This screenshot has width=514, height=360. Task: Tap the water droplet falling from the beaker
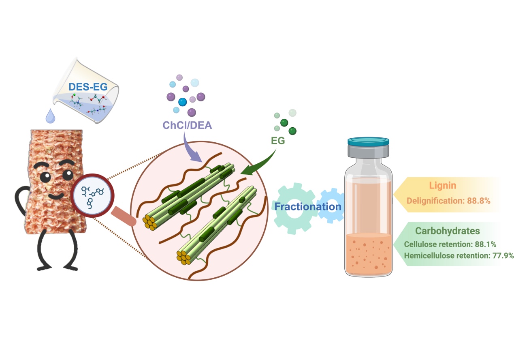point(50,116)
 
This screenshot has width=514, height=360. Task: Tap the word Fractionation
point(308,207)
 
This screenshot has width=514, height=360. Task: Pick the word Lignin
point(442,186)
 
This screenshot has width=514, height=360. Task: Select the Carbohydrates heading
point(448,231)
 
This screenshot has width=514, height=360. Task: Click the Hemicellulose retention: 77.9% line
point(459,256)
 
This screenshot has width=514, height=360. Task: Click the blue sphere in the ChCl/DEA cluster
point(183,101)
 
